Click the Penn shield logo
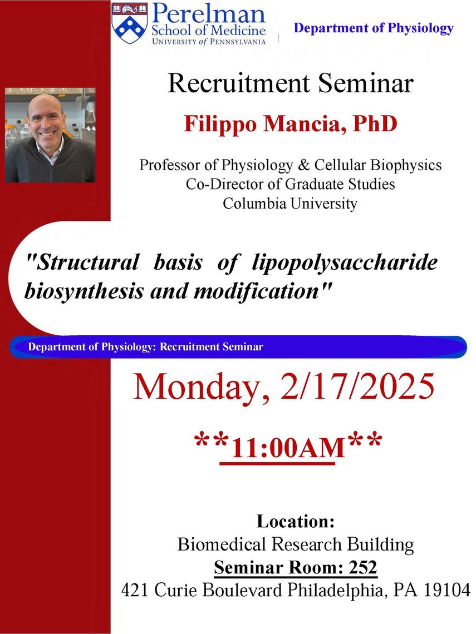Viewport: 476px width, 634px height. tap(129, 23)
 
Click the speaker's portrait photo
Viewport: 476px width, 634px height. tap(50, 135)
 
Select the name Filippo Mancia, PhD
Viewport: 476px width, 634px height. tap(290, 123)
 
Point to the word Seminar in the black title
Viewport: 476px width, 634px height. tap(366, 83)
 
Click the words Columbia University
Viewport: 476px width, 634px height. tap(290, 203)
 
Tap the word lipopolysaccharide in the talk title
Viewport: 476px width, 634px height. tap(345, 263)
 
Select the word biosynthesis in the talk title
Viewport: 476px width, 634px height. tap(84, 291)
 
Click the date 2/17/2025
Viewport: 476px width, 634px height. tap(357, 387)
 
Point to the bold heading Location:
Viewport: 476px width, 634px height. tap(296, 521)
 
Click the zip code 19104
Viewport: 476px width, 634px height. tap(447, 590)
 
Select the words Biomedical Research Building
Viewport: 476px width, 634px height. tap(296, 544)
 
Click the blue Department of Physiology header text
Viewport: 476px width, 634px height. tap(374, 28)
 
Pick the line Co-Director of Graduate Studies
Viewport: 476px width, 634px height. tap(290, 184)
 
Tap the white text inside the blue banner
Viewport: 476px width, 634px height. tap(146, 347)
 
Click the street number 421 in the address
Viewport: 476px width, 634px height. tap(136, 590)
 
